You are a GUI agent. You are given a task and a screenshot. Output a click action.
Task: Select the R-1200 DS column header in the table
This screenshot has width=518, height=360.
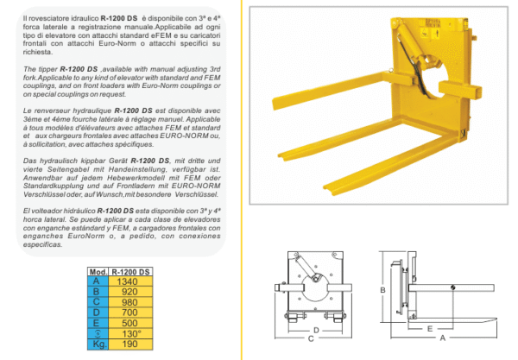pyautogui.click(x=127, y=270)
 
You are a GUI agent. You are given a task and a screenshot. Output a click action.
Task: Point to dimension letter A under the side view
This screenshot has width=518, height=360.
pyautogui.click(x=443, y=339)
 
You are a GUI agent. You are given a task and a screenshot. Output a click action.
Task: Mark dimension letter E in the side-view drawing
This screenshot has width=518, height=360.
pyautogui.click(x=429, y=328)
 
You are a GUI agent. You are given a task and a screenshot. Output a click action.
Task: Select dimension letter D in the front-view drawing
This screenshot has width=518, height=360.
pyautogui.click(x=315, y=329)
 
